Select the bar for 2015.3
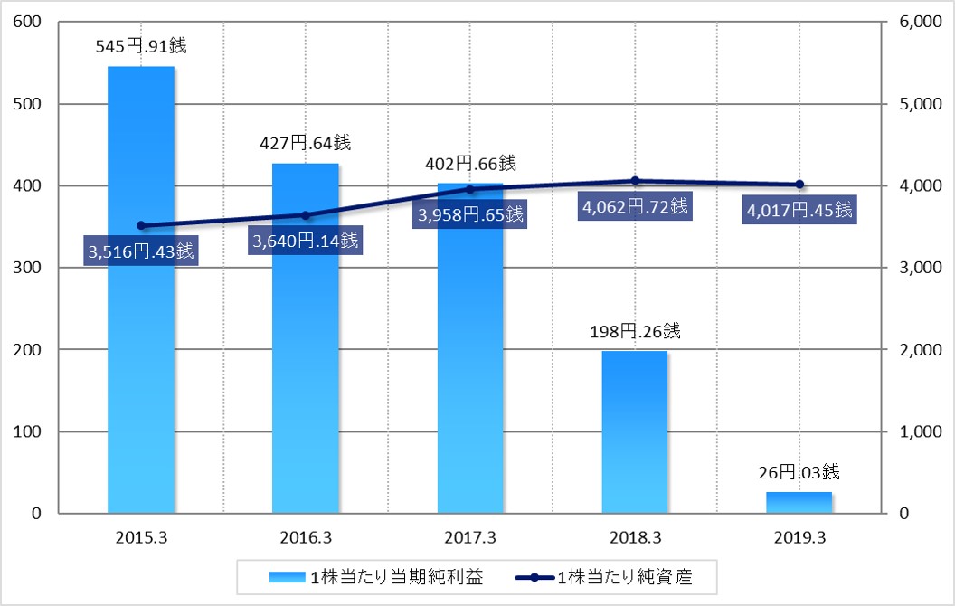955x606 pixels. coord(141,289)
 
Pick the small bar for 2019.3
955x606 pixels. coord(799,502)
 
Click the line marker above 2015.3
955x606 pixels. coord(141,225)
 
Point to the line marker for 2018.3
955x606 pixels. coord(635,181)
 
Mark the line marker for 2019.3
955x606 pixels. coord(799,185)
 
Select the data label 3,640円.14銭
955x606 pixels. coord(306,241)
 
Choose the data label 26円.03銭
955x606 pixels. coord(799,471)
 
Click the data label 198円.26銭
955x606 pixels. coord(635,331)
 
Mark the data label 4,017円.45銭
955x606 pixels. coord(799,210)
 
